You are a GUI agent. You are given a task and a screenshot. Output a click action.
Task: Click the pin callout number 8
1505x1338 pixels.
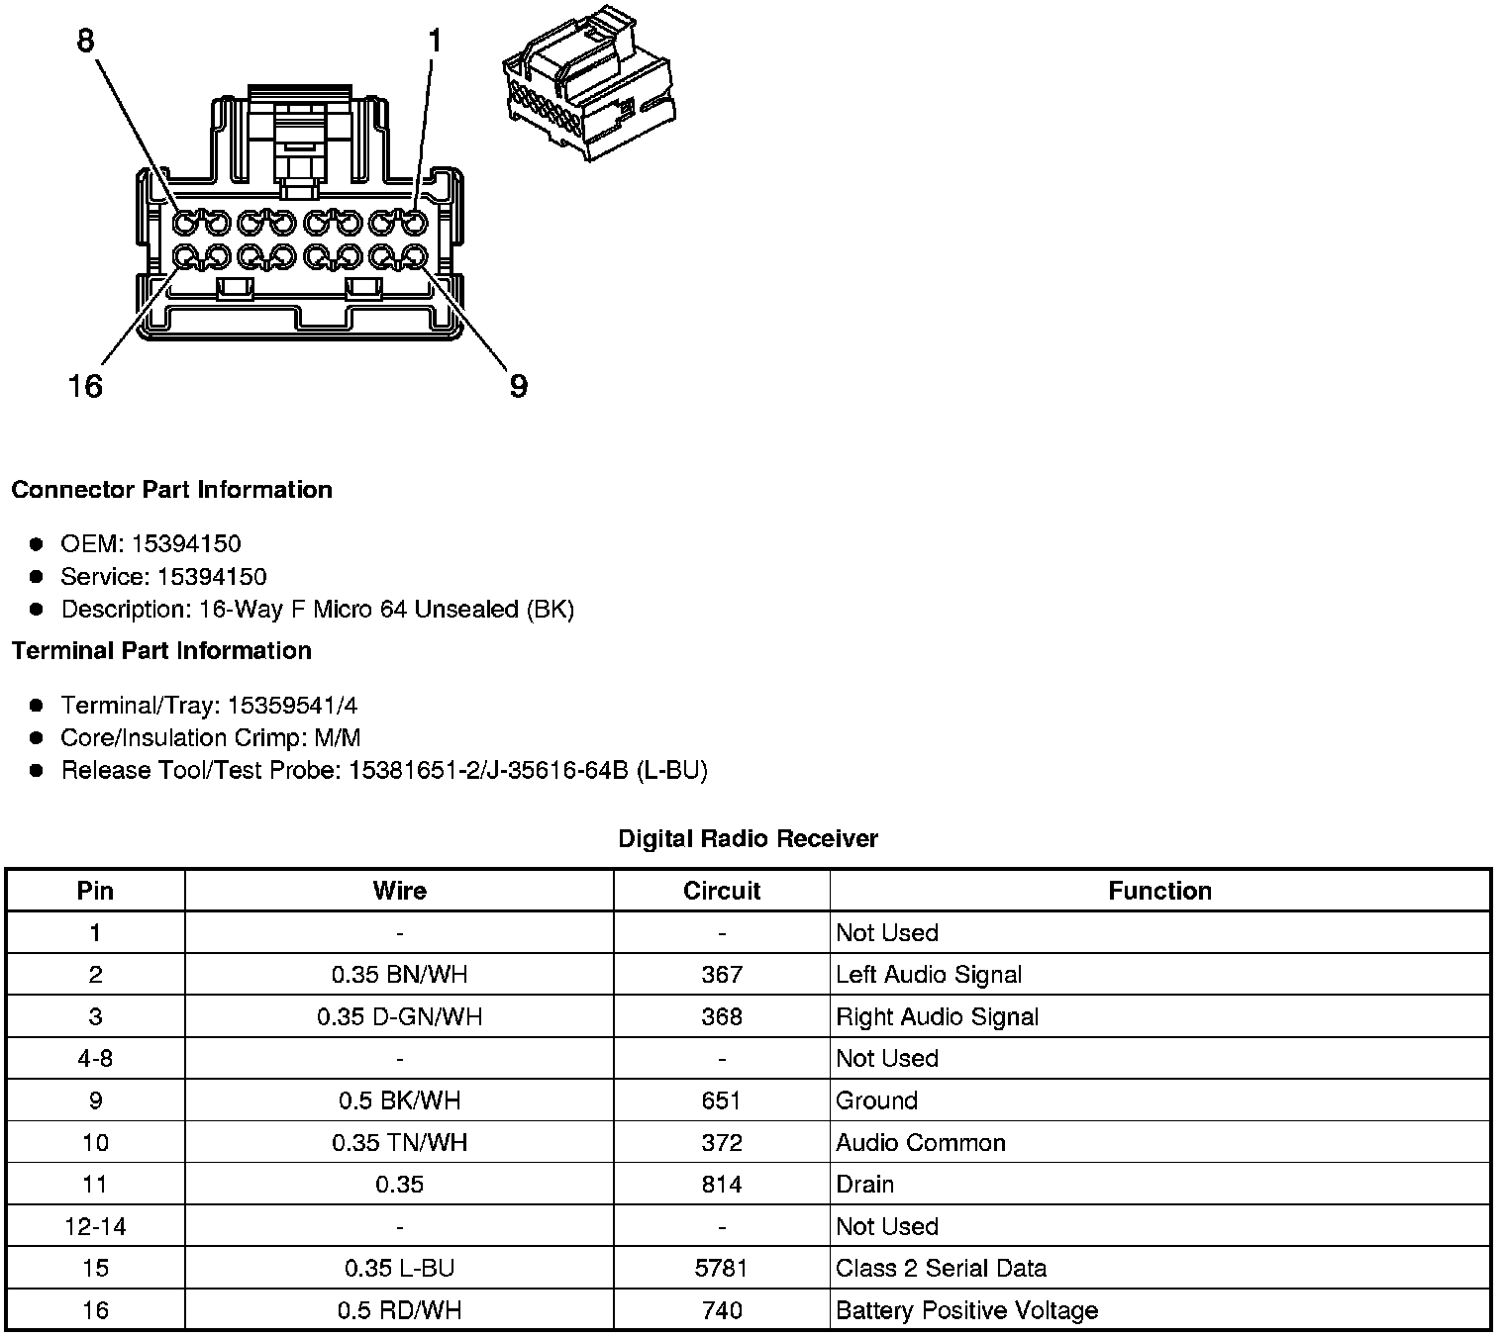[86, 41]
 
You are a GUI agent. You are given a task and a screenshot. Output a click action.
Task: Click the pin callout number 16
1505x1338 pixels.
[85, 385]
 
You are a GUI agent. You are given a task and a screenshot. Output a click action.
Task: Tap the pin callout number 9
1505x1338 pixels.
[518, 385]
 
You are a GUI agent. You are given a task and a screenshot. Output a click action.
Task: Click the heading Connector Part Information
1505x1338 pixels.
[171, 490]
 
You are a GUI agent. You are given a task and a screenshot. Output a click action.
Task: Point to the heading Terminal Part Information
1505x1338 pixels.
[161, 650]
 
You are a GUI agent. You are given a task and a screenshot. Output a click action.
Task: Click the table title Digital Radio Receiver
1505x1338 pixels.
[748, 839]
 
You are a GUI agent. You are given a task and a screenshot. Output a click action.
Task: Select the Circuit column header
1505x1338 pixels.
[721, 891]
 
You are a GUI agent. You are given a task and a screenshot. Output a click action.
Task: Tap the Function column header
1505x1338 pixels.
[1159, 891]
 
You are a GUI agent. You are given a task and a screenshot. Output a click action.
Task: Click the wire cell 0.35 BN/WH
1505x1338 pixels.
[399, 975]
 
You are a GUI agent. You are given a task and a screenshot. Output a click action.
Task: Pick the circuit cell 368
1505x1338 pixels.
[721, 1016]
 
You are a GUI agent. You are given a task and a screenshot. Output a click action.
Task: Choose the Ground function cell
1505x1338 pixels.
[876, 1100]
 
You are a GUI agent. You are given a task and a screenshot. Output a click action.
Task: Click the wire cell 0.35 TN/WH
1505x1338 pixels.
[399, 1143]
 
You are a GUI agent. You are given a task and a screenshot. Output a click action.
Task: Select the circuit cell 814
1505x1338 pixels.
[721, 1185]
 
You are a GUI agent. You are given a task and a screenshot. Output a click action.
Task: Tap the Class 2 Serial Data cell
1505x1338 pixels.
[941, 1269]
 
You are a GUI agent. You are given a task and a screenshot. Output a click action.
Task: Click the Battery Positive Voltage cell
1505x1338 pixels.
[966, 1311]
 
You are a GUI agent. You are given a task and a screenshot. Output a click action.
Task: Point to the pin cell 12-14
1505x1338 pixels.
[95, 1227]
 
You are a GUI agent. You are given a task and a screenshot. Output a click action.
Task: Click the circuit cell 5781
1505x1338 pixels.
[721, 1269]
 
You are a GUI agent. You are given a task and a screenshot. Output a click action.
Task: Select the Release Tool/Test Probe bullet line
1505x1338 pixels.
[384, 770]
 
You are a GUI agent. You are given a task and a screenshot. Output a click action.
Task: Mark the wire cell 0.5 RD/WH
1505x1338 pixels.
[399, 1311]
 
